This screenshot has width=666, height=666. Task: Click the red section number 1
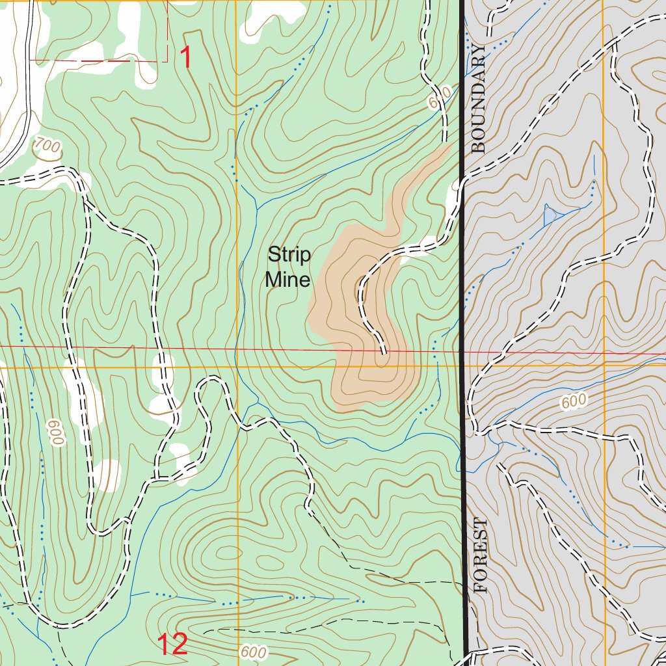pyautogui.click(x=185, y=59)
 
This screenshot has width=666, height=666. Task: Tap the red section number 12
pyautogui.click(x=172, y=645)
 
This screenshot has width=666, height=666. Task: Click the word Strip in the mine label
pyautogui.click(x=289, y=254)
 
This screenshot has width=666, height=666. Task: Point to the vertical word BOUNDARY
pyautogui.click(x=479, y=99)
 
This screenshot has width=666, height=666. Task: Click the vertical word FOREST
pyautogui.click(x=481, y=555)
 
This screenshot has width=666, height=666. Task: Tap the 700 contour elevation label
pyautogui.click(x=47, y=146)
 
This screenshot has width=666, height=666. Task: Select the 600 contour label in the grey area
pyautogui.click(x=574, y=402)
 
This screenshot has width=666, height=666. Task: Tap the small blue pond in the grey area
pyautogui.click(x=550, y=215)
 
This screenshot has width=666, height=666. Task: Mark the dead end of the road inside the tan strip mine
pyautogui.click(x=384, y=352)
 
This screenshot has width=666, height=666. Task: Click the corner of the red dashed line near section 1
pyautogui.click(x=168, y=61)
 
